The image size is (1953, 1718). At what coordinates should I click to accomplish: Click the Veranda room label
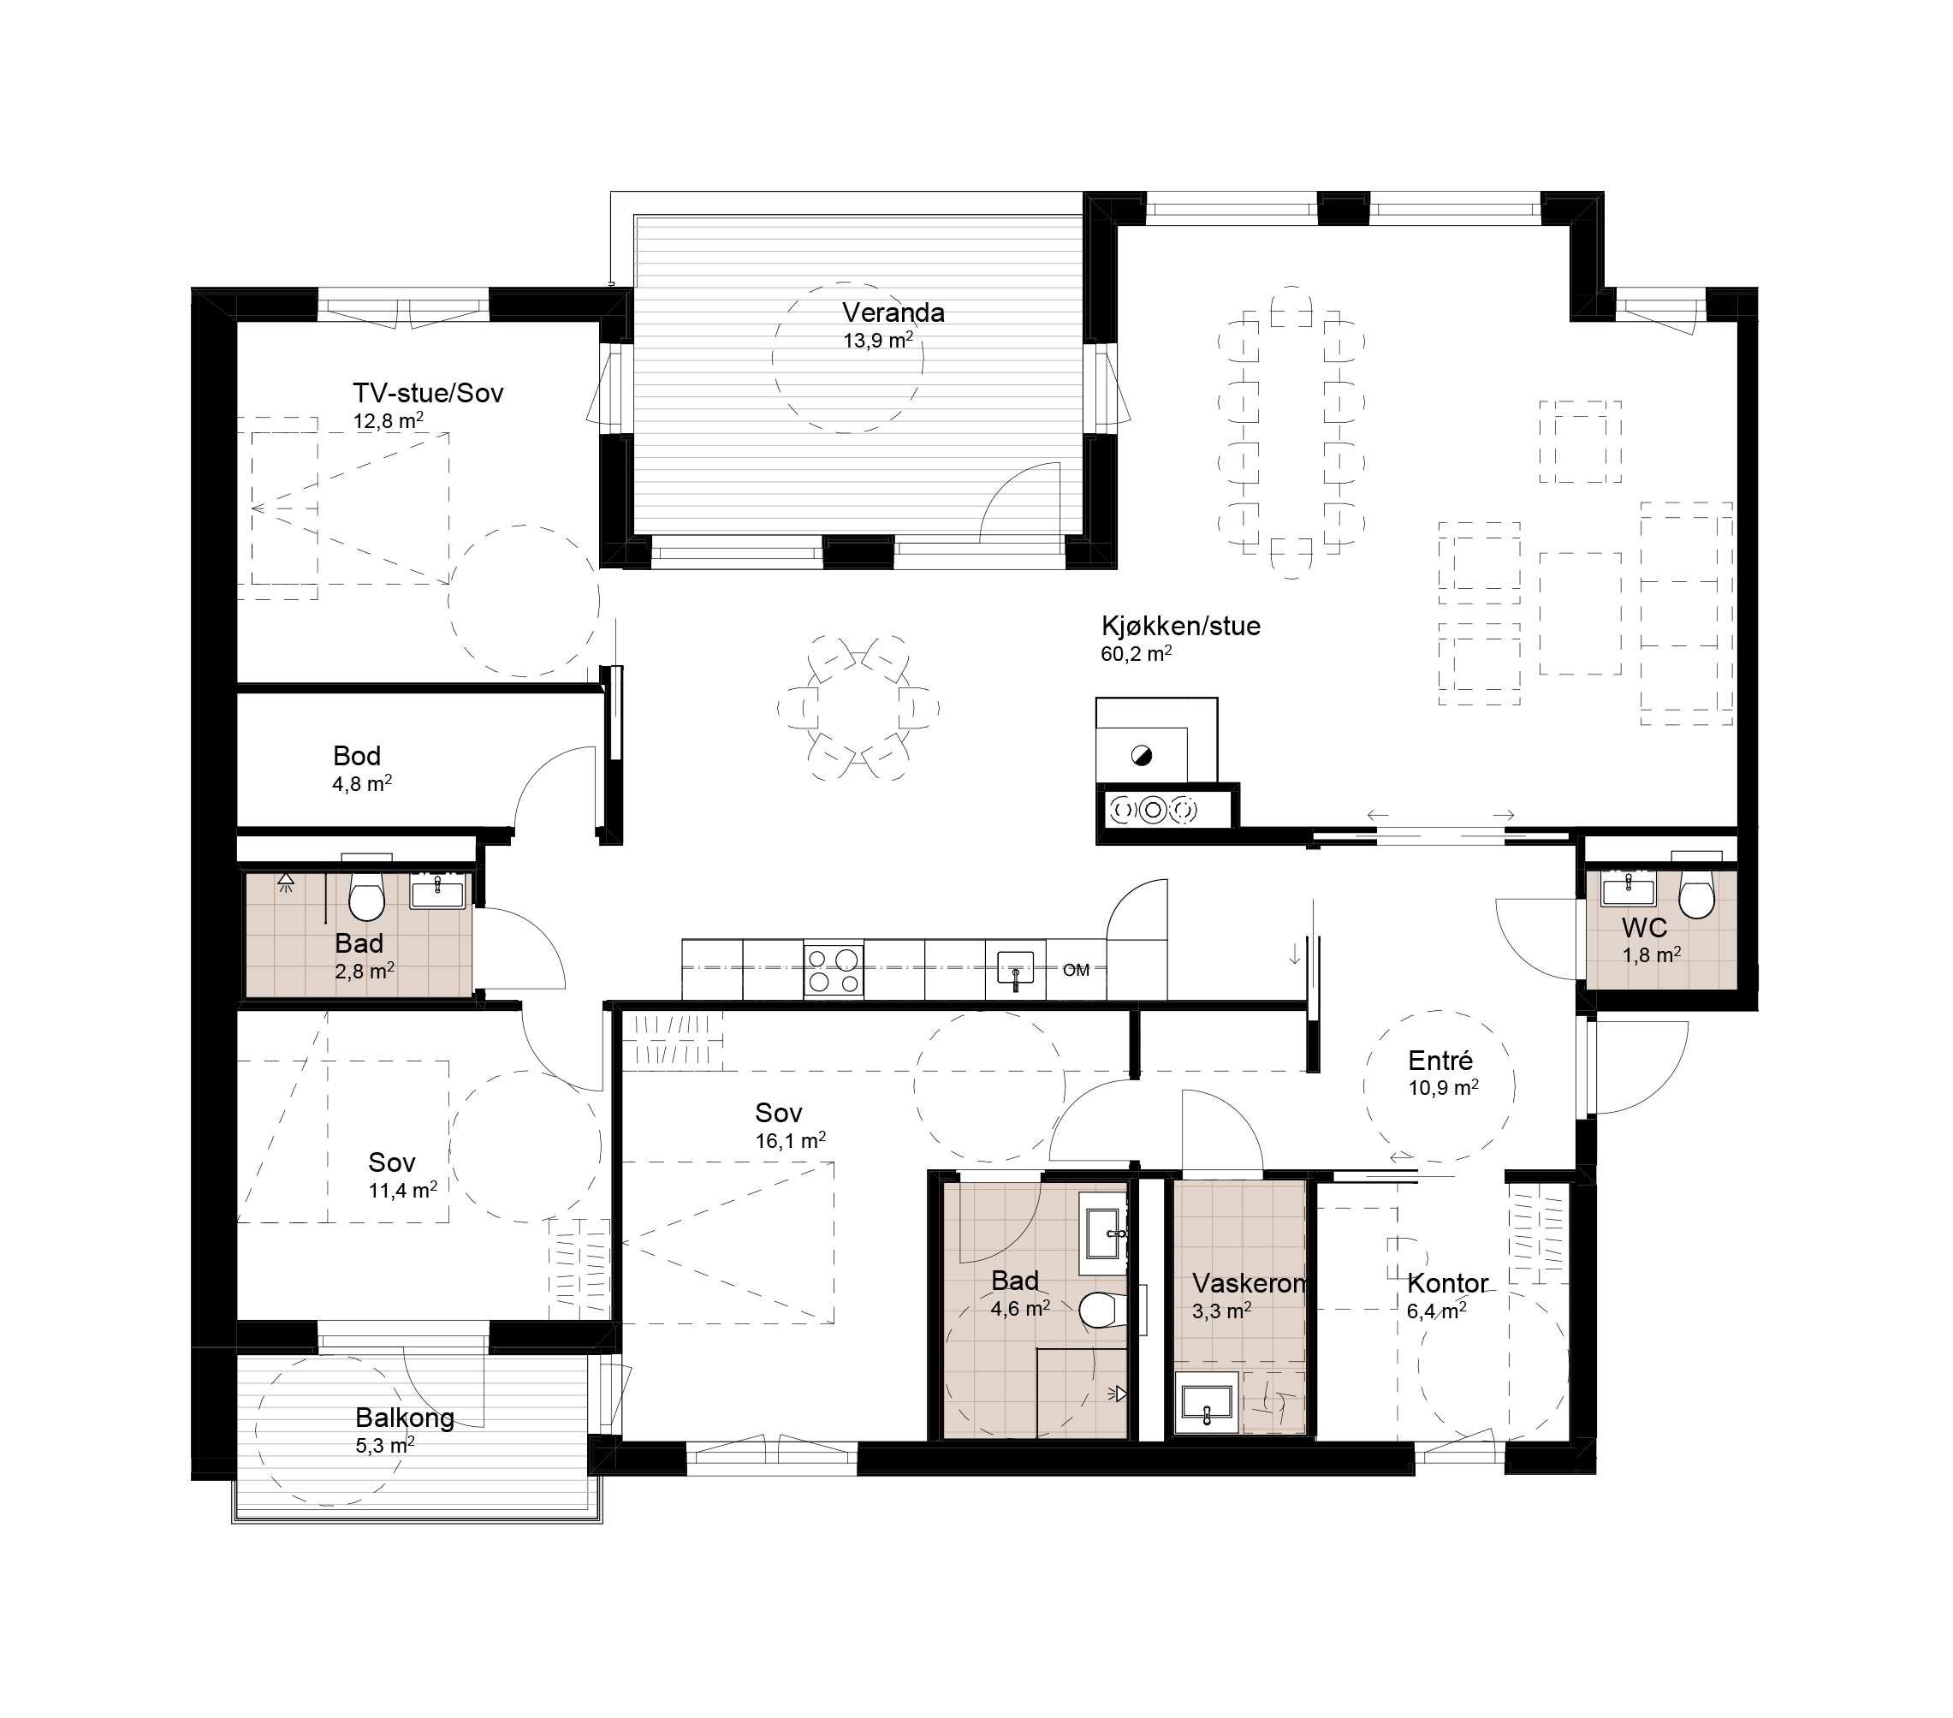tap(893, 312)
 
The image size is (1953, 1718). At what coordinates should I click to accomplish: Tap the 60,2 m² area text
tap(1136, 654)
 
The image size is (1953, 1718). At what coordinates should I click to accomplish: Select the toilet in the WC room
tap(1696, 894)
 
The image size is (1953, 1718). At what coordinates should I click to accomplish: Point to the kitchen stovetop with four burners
tap(834, 970)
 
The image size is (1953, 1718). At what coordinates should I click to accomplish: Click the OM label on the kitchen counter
tap(1076, 971)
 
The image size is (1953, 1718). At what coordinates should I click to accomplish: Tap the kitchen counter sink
tap(1015, 969)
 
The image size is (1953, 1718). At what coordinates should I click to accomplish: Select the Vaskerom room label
tap(1249, 1283)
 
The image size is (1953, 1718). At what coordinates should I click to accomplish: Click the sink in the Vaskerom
tap(1207, 1402)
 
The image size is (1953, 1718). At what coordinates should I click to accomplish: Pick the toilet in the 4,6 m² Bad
tap(1101, 1311)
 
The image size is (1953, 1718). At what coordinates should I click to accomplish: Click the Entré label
tap(1441, 1060)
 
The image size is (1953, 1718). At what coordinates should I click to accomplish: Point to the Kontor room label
tap(1447, 1283)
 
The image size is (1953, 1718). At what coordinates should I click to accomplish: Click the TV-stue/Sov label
tap(428, 393)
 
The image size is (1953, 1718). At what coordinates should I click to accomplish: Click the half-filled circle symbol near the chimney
tap(1141, 756)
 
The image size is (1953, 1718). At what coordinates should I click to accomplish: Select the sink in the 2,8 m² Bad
tap(437, 895)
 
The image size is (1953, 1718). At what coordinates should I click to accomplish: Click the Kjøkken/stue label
tap(1181, 626)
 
